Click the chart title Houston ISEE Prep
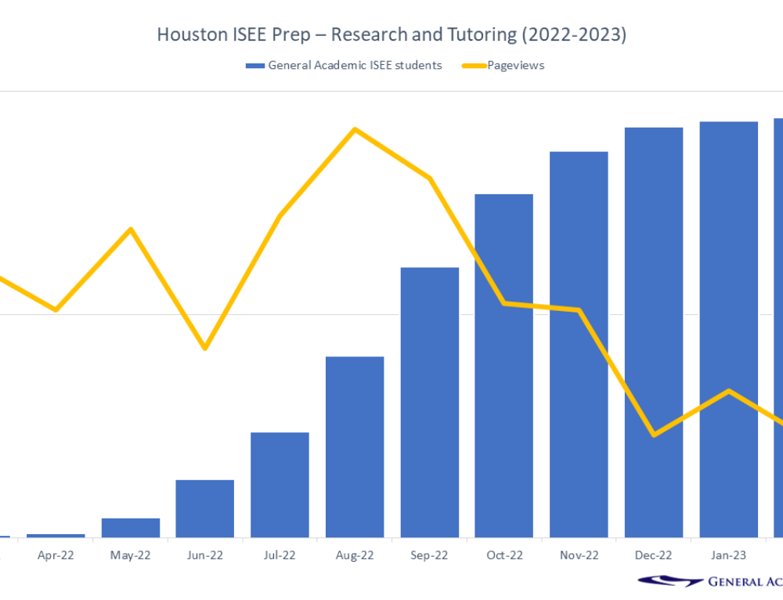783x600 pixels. (391, 35)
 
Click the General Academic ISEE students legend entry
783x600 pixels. (345, 66)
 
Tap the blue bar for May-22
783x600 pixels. (131, 528)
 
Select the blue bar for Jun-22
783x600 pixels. (205, 508)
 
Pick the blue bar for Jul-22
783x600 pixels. (280, 485)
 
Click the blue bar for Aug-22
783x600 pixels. (355, 446)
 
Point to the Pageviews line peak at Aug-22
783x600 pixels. (355, 129)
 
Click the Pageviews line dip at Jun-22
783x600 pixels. (205, 348)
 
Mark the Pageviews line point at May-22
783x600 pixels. (131, 229)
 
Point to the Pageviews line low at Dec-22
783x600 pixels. (654, 434)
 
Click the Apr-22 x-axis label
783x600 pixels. (56, 555)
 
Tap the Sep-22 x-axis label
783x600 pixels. (430, 555)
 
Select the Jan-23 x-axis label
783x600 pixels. (728, 555)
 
